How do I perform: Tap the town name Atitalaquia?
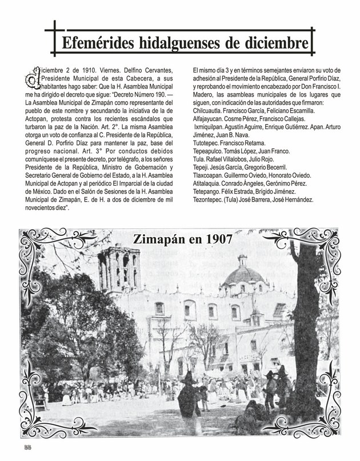pos(210,184)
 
